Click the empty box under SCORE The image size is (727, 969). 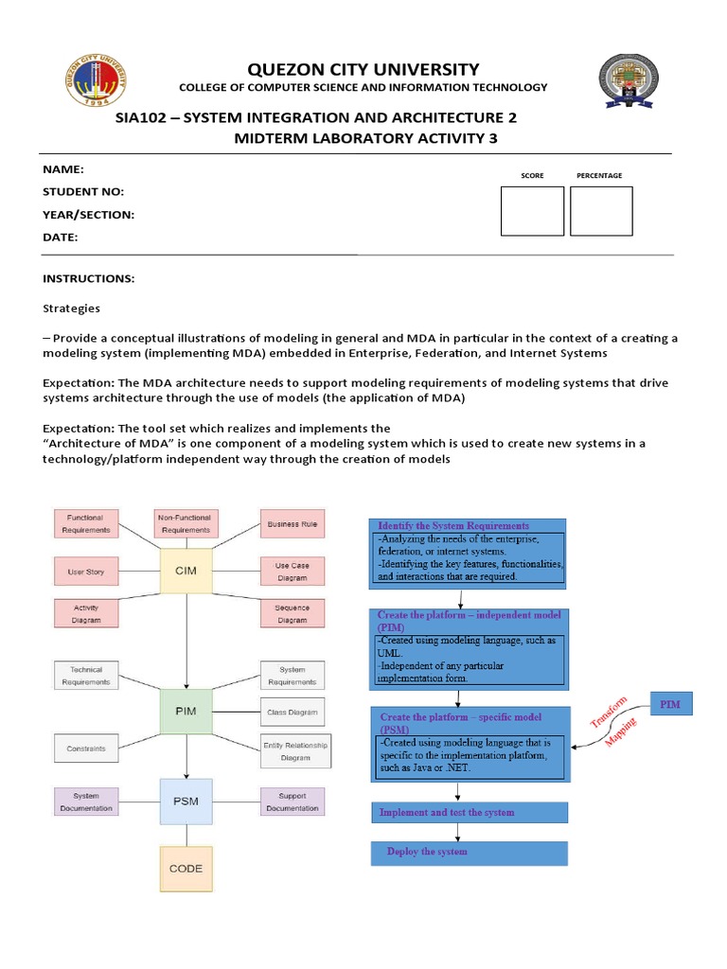click(x=532, y=211)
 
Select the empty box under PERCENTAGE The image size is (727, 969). click(x=601, y=211)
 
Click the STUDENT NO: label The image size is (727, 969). click(x=83, y=192)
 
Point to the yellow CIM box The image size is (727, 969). click(x=186, y=572)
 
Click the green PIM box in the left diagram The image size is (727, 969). click(x=186, y=711)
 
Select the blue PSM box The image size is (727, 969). click(x=186, y=801)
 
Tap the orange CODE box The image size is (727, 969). click(x=186, y=868)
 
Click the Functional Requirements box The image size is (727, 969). click(x=85, y=523)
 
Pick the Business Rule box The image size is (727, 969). click(x=293, y=523)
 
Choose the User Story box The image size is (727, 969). click(x=85, y=572)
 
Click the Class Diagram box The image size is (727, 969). click(x=293, y=713)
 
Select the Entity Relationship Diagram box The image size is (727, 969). click(x=295, y=751)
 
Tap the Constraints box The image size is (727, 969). click(x=85, y=748)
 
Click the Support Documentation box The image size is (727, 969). click(x=293, y=802)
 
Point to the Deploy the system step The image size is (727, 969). click(x=469, y=853)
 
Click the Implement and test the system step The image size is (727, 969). click(x=469, y=812)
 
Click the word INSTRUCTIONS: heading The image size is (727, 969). click(x=89, y=279)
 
